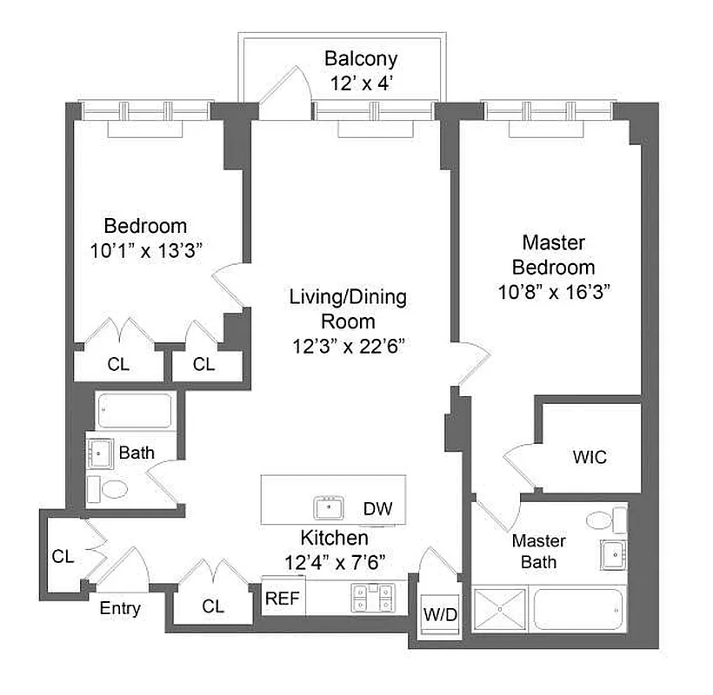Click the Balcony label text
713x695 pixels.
(x=361, y=59)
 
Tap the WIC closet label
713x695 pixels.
(x=590, y=457)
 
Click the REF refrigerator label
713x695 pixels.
(x=283, y=598)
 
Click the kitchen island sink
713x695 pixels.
(x=329, y=506)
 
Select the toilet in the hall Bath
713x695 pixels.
(x=111, y=489)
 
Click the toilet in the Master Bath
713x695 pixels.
(x=601, y=520)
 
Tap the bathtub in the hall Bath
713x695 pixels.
(x=135, y=410)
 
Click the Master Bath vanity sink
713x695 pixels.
(x=614, y=552)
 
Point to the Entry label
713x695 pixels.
(x=120, y=608)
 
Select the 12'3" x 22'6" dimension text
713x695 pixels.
(x=347, y=346)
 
